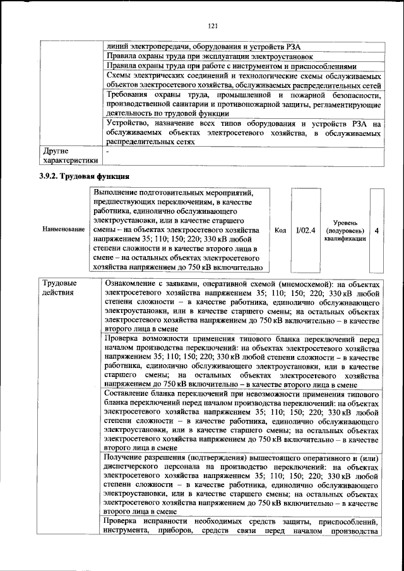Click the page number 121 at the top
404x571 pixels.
[x=212, y=25]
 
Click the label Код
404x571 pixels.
[x=280, y=231]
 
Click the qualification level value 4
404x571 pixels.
[x=376, y=231]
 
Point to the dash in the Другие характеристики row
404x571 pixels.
[x=108, y=152]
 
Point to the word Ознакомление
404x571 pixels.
[x=134, y=283]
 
